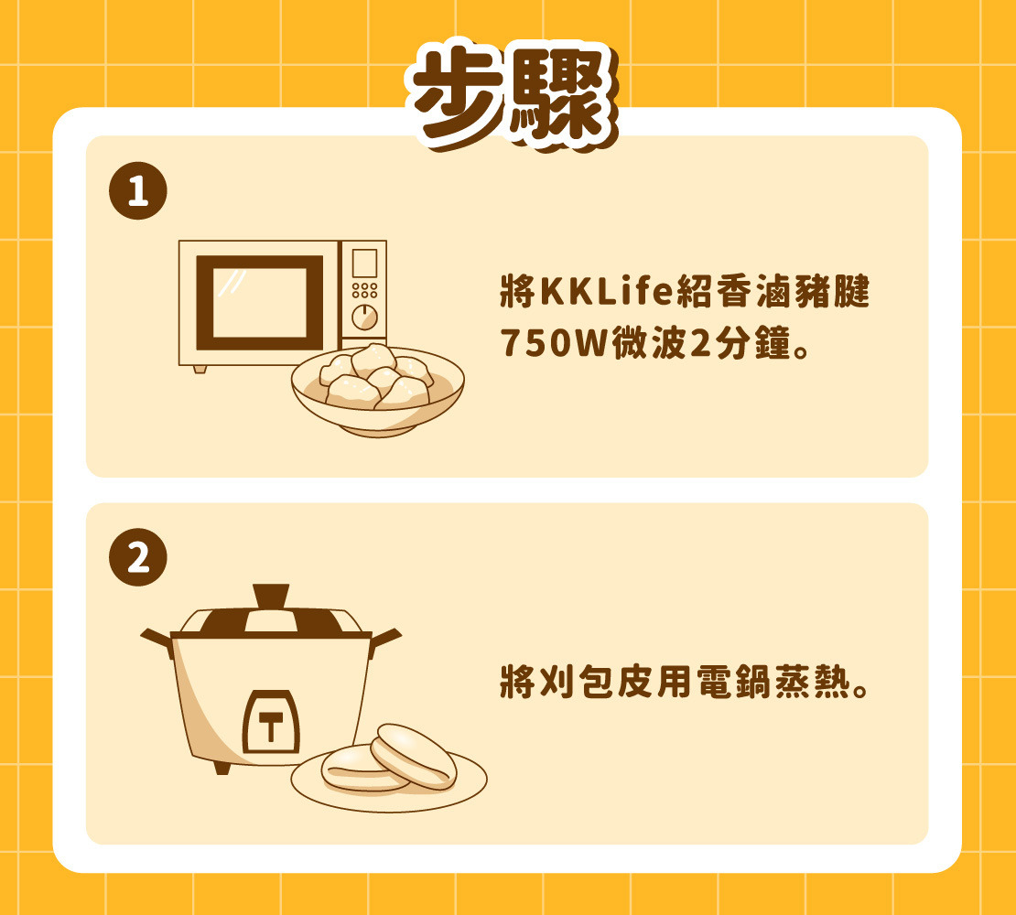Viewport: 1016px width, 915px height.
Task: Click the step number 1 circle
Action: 138,191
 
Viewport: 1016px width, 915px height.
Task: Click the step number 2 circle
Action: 138,557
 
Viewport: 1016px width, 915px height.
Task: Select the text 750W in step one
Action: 554,342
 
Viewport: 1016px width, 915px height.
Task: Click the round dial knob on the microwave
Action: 365,318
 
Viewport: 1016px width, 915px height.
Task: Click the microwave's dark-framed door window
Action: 259,303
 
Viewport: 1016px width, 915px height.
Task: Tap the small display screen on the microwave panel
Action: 365,264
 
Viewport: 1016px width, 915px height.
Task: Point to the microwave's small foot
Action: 200,369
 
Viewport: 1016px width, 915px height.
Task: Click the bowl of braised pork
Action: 377,390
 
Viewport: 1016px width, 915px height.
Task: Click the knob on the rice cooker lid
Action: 272,597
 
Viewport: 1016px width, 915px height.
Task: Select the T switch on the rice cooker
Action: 271,722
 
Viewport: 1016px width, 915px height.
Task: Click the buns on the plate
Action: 389,759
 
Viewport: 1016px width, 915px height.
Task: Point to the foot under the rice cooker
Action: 222,769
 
